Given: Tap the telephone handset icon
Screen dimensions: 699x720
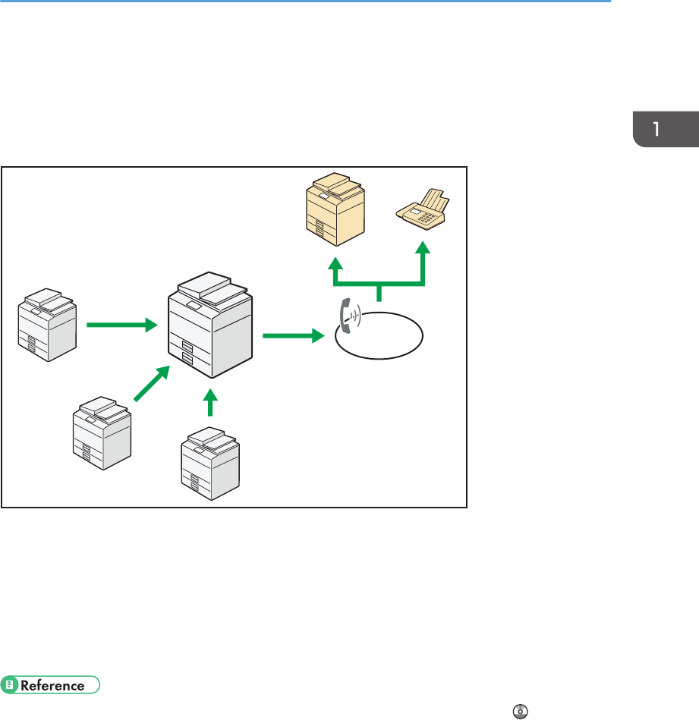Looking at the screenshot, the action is tap(346, 316).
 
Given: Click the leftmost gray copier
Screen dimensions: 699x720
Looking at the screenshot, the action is tap(47, 324).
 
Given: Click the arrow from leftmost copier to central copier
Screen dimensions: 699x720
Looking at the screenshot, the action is tap(121, 325).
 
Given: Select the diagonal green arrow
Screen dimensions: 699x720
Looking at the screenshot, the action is tap(152, 382).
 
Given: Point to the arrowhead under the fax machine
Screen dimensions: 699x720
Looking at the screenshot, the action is tap(422, 250).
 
